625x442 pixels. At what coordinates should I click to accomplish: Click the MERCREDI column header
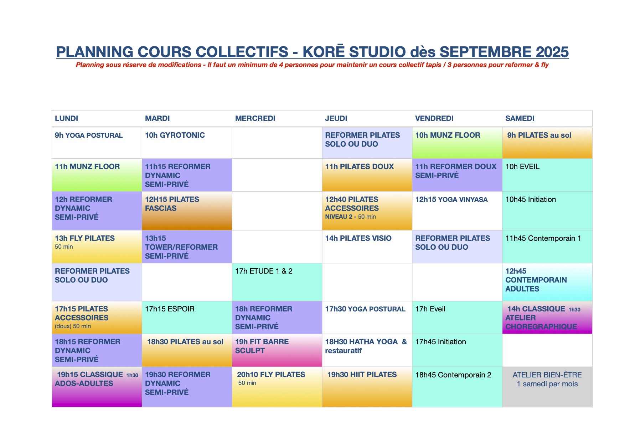(x=277, y=118)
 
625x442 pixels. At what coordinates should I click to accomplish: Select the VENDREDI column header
(x=457, y=118)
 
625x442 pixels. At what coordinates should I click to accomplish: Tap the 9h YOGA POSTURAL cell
(x=97, y=143)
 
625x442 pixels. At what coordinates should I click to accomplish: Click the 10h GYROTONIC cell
(x=187, y=143)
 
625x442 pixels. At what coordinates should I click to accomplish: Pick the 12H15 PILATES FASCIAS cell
(x=187, y=211)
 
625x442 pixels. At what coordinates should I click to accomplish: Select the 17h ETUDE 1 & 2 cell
(x=277, y=282)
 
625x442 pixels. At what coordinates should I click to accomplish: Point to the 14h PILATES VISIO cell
(x=367, y=247)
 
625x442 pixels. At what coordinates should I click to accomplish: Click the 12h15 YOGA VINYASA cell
(x=457, y=211)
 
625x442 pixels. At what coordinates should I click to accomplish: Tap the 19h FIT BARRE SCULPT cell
(x=277, y=350)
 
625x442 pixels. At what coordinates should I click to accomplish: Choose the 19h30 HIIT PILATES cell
(x=367, y=387)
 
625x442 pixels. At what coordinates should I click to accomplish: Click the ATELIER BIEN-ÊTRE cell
(x=547, y=387)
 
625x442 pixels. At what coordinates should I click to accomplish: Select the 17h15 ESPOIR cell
(x=187, y=317)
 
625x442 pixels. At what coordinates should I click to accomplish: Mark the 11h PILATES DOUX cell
(x=367, y=175)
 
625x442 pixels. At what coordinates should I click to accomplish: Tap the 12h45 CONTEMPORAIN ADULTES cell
(x=547, y=282)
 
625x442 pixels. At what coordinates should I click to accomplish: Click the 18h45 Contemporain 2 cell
(x=457, y=387)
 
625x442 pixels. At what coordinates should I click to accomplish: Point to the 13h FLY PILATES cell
(x=97, y=247)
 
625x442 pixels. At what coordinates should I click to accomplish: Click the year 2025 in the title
(x=552, y=52)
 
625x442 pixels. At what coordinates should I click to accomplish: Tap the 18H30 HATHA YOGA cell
(x=367, y=350)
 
